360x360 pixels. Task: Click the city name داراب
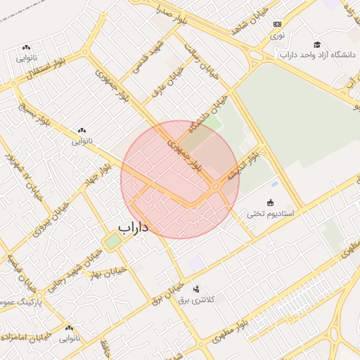click(133, 228)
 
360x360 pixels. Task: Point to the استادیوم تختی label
click(270, 212)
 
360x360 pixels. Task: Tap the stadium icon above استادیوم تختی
click(271, 202)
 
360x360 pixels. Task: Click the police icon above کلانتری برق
click(195, 288)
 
